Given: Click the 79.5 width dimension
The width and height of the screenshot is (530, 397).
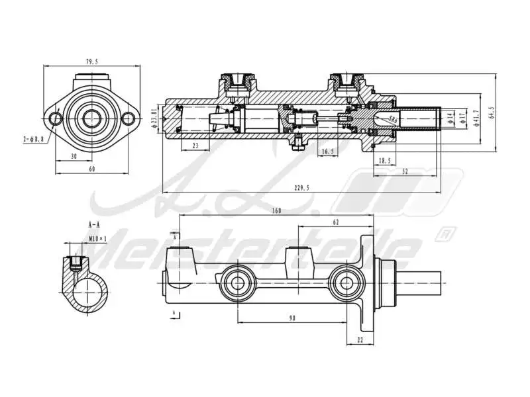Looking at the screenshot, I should click(91, 62).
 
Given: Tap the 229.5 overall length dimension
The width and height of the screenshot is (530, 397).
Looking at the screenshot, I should click(301, 189).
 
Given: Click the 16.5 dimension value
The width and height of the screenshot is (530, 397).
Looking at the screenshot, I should click(327, 152).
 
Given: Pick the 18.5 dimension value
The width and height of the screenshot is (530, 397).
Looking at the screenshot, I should click(385, 161).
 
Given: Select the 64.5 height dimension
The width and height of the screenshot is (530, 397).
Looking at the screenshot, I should click(491, 112).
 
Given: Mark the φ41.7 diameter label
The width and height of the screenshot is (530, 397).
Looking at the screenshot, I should click(475, 118).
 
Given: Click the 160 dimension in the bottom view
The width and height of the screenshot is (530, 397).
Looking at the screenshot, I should click(276, 211).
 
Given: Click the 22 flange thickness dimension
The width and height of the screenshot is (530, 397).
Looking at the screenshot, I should click(360, 341).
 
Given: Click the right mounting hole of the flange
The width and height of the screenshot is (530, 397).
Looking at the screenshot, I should click(129, 119).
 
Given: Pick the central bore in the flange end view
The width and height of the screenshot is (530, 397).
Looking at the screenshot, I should click(92, 119).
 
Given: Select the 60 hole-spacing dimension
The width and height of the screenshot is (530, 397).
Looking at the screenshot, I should click(91, 169).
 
